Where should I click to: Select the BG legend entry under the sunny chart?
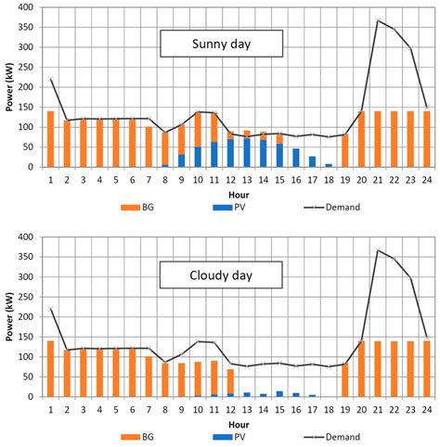[141, 207]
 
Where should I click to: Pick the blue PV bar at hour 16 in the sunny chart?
[295, 157]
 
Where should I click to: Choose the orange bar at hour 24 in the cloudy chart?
[426, 368]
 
